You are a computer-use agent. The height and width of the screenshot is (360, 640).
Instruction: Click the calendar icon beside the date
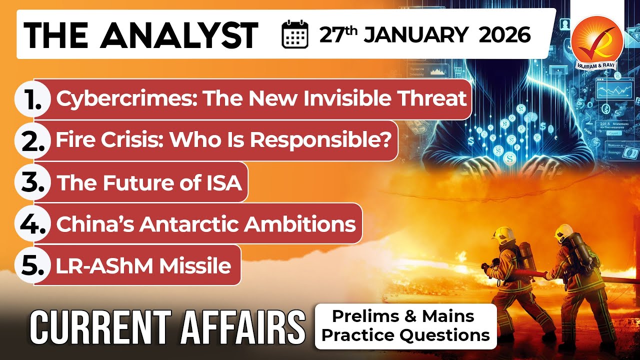click(x=295, y=35)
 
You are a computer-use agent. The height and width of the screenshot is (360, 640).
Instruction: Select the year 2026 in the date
click(x=504, y=35)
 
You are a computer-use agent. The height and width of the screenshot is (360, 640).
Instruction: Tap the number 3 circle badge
click(x=33, y=183)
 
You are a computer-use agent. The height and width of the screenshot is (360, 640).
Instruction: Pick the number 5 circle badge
click(x=33, y=265)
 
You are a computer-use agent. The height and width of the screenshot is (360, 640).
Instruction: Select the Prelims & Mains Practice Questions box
click(x=405, y=325)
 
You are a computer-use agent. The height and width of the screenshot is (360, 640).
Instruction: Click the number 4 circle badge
click(x=33, y=224)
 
